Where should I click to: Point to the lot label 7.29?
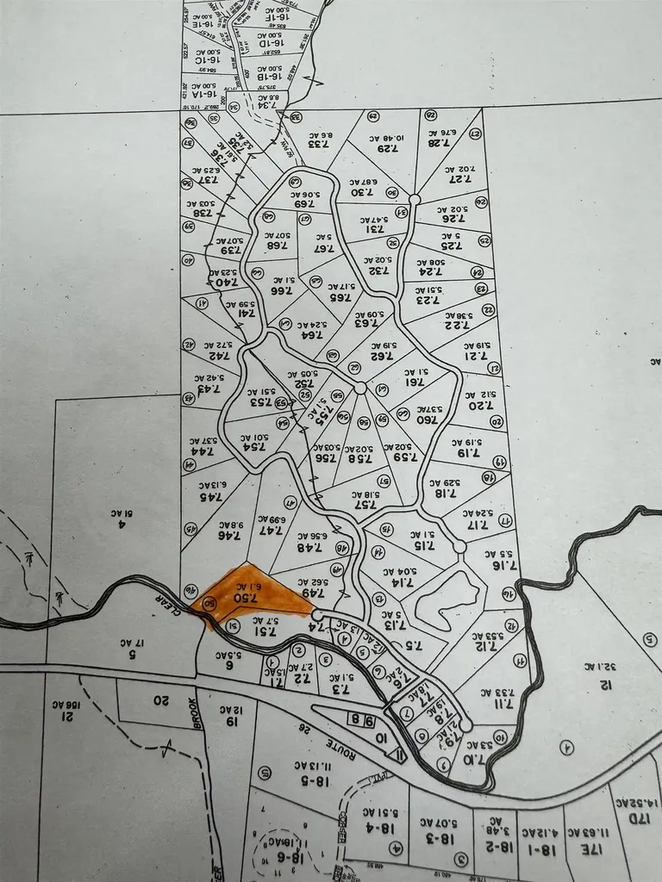(x=388, y=148)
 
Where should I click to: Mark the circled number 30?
(x=392, y=193)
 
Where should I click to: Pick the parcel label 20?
(x=159, y=699)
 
